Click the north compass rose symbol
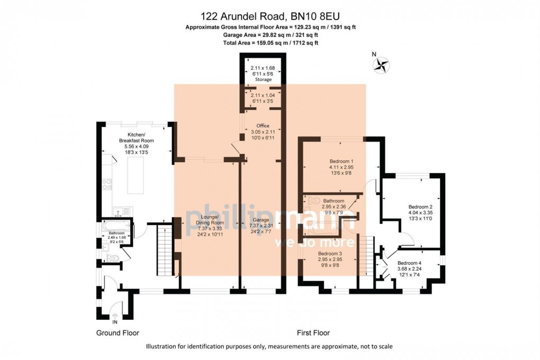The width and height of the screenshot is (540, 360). coord(381,65)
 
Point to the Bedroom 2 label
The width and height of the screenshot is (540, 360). coord(420,207)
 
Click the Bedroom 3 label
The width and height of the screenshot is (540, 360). coord(330,254)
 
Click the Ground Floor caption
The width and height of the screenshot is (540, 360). coord(117,333)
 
